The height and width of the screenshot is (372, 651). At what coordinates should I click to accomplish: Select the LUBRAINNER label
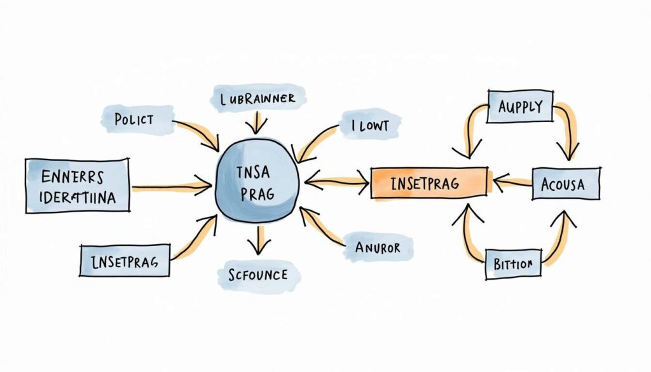(x=257, y=99)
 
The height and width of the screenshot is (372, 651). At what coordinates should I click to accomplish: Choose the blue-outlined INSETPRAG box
(x=125, y=261)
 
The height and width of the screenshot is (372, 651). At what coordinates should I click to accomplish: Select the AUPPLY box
(x=519, y=106)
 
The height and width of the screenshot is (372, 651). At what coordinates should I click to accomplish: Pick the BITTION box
(x=512, y=263)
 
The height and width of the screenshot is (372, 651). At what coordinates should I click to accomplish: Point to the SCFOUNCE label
(x=257, y=275)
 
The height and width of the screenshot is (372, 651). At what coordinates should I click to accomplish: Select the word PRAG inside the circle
(x=256, y=193)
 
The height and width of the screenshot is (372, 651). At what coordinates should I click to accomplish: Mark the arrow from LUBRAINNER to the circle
(x=258, y=122)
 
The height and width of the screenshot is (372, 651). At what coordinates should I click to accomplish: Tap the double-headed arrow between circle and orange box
(x=337, y=183)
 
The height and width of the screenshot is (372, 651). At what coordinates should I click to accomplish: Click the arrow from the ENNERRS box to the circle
(x=172, y=186)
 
